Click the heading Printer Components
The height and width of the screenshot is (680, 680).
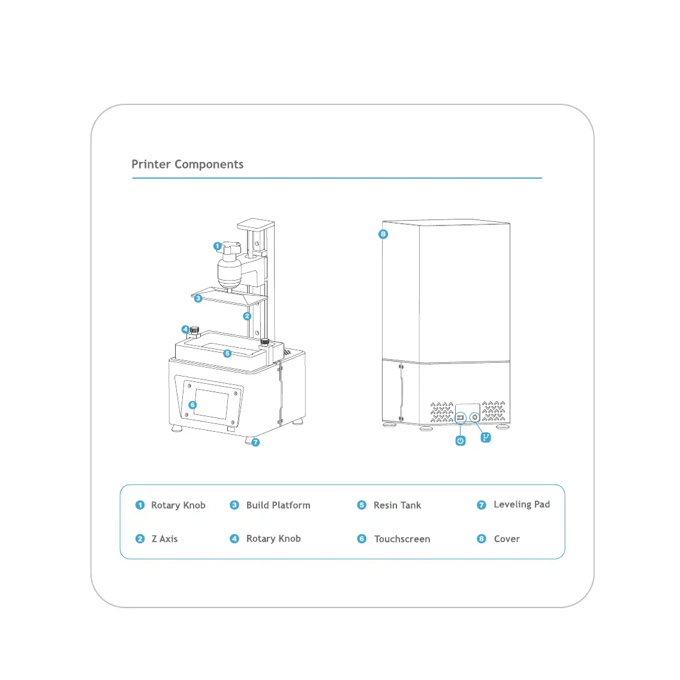click(187, 164)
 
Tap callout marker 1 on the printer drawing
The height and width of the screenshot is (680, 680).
click(217, 246)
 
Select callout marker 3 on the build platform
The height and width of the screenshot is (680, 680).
click(198, 298)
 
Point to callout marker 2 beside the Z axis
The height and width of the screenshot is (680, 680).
click(247, 316)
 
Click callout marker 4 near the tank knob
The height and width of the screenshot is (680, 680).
click(186, 329)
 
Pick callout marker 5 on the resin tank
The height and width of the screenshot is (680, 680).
click(227, 353)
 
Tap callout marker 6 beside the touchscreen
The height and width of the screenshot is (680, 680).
click(192, 405)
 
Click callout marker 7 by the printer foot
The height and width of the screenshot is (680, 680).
click(256, 443)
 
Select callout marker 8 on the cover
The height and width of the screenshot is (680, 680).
click(383, 234)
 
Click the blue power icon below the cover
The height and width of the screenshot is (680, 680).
click(461, 441)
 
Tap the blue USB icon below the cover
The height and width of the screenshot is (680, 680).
click(486, 438)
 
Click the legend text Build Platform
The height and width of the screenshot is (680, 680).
click(278, 505)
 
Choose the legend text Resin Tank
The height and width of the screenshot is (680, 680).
click(397, 505)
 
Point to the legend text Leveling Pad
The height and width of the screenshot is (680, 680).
click(521, 504)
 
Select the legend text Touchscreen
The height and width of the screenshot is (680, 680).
click(402, 539)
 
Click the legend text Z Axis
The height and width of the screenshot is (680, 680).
click(164, 538)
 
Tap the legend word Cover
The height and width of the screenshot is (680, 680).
click(507, 538)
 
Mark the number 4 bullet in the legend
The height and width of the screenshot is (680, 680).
click(234, 538)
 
